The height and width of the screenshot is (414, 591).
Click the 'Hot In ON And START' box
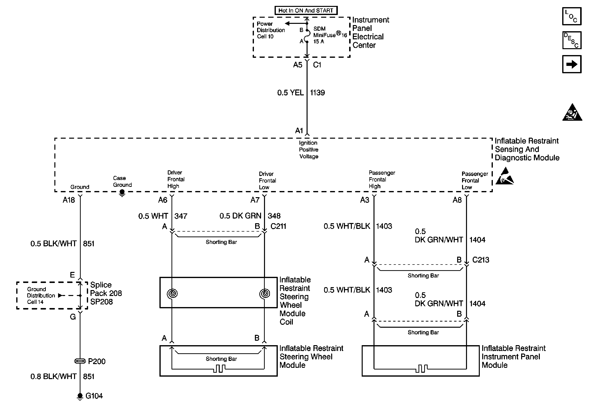(306, 11)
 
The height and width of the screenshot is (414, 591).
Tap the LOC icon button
(572, 16)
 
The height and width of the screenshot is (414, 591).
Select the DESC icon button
(572, 40)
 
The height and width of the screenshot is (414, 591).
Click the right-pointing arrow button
(572, 64)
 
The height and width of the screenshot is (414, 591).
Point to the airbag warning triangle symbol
(572, 112)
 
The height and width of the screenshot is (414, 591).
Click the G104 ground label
(94, 396)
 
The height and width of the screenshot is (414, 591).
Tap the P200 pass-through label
(96, 361)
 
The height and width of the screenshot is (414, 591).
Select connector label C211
(278, 226)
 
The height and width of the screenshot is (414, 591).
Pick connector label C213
(481, 260)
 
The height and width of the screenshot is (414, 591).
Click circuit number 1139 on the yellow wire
(317, 93)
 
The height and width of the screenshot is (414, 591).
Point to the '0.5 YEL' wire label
(290, 93)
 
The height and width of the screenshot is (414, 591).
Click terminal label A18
(69, 200)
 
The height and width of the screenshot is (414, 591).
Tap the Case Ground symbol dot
(122, 192)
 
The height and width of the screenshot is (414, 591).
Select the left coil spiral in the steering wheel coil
(172, 293)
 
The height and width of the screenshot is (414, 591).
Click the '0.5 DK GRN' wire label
(240, 216)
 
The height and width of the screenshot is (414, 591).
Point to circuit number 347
(181, 216)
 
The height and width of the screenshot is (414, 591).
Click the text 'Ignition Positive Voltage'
(309, 150)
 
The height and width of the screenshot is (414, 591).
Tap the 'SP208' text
(101, 302)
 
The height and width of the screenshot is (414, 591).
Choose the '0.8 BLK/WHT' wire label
(54, 376)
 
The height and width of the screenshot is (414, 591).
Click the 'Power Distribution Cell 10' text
(271, 30)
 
